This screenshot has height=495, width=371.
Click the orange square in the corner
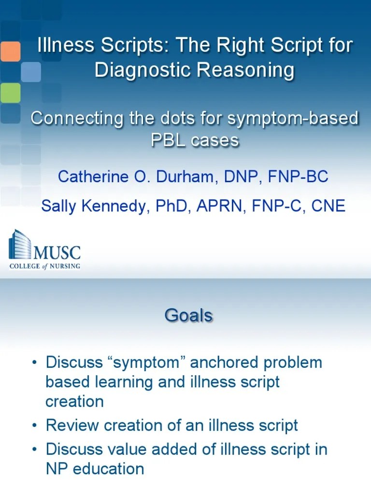click(x=10, y=51)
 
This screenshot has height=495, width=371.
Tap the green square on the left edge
click(x=10, y=93)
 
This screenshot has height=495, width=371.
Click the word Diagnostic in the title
click(x=143, y=70)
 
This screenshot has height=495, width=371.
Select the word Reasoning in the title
click(x=245, y=70)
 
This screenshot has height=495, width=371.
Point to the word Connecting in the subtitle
click(x=77, y=119)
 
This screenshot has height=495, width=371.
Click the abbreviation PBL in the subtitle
click(x=168, y=140)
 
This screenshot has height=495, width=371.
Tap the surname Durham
click(x=185, y=176)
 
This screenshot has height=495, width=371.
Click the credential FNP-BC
click(x=298, y=176)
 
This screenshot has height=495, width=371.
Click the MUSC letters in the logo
click(x=57, y=253)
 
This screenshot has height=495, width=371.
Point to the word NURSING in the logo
click(x=65, y=266)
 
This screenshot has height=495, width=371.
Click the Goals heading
click(x=189, y=315)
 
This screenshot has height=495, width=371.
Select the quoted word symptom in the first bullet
click(x=146, y=362)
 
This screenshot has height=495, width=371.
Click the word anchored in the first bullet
click(x=224, y=362)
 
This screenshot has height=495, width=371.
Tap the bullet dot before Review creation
click(x=34, y=425)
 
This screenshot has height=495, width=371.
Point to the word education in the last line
click(x=108, y=469)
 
